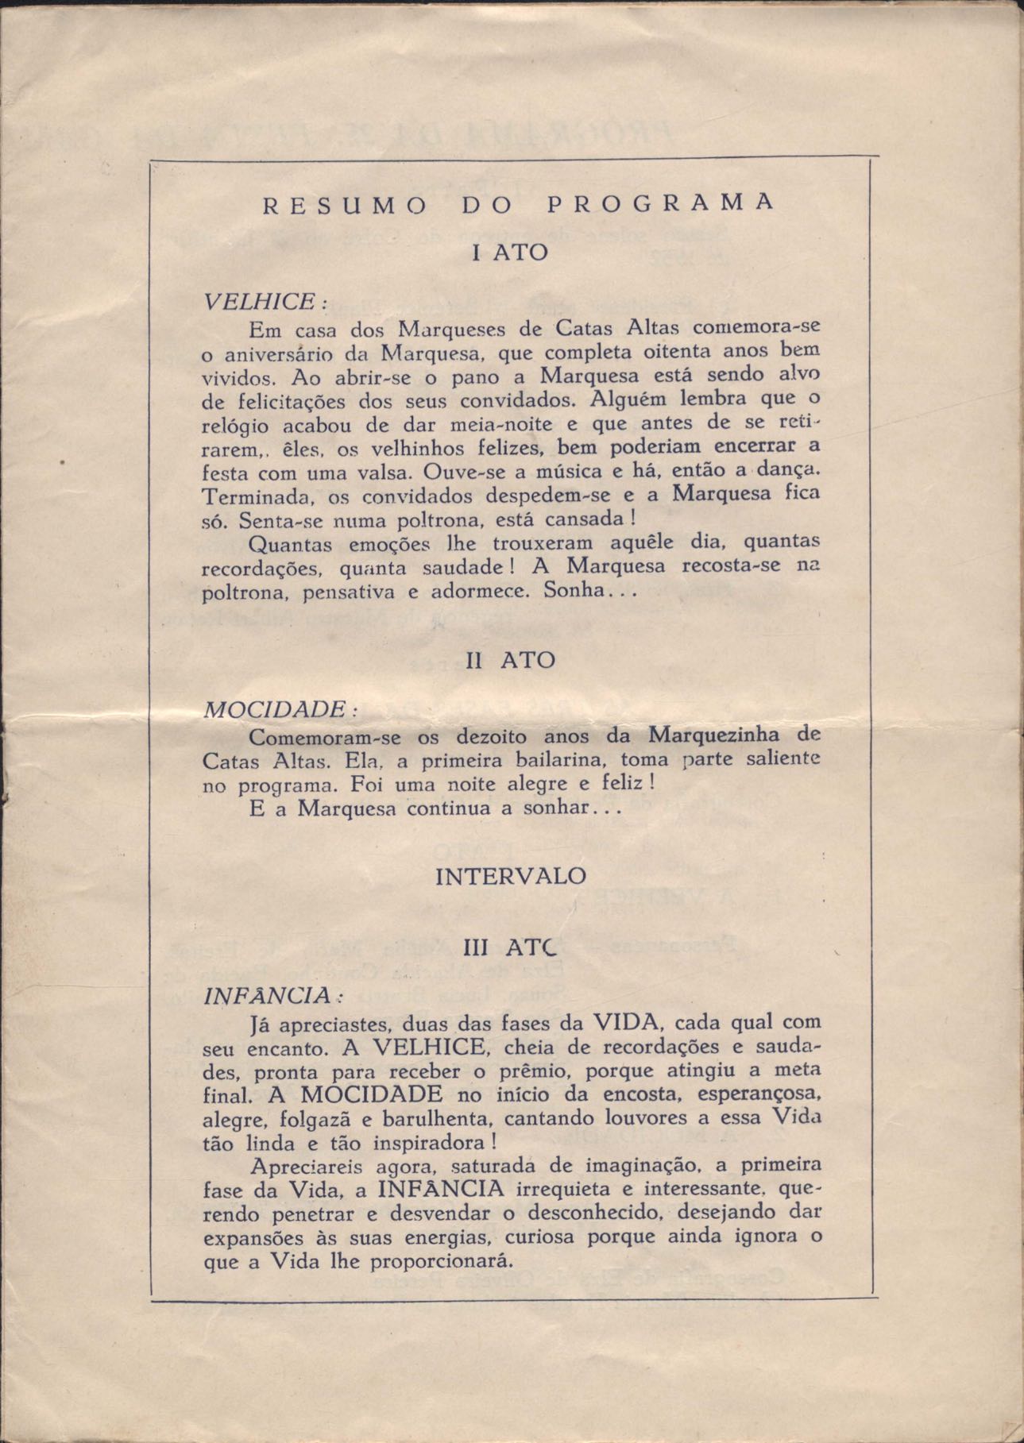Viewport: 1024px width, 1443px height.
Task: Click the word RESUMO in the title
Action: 342,204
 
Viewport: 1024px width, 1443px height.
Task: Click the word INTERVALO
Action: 511,877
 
